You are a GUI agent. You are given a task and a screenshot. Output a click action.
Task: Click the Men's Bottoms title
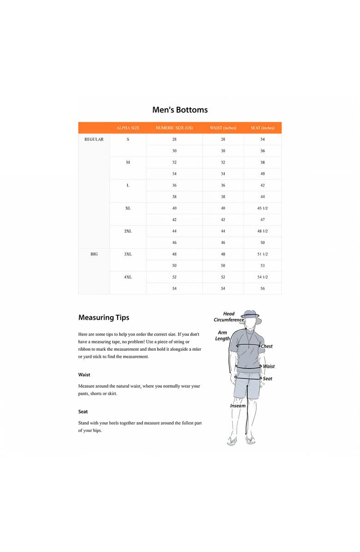coord(180,110)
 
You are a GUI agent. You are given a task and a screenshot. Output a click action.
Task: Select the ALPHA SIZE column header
coord(128,128)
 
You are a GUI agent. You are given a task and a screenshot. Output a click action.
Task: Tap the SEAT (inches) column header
coord(263,128)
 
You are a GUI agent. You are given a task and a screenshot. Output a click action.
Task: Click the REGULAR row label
coord(94,139)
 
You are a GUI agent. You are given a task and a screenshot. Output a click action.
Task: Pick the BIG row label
coord(94,254)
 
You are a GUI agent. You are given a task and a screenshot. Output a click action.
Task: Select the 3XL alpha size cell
coord(128,254)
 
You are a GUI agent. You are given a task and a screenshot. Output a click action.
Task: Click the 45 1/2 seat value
coord(263,208)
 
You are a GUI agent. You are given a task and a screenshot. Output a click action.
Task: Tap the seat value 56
coord(263,288)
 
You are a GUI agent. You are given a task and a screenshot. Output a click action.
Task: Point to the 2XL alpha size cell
coord(128,231)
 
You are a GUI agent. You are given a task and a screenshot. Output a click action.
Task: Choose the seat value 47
coord(263,220)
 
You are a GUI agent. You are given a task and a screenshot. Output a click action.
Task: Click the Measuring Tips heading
coord(104,318)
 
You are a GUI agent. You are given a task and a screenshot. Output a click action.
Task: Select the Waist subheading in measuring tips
coord(84,375)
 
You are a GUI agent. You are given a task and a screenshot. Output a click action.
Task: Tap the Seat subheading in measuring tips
coord(83,411)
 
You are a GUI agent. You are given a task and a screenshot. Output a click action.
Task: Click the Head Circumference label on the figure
coord(228,317)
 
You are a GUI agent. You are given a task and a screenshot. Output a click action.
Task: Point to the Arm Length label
coord(222,336)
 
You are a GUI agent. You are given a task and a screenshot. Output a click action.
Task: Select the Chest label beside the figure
coord(267,346)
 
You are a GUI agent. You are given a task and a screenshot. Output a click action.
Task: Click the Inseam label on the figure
coord(238,406)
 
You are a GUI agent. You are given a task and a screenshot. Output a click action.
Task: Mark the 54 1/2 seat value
coord(263,277)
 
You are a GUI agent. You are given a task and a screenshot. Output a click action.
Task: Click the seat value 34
coord(263,139)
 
